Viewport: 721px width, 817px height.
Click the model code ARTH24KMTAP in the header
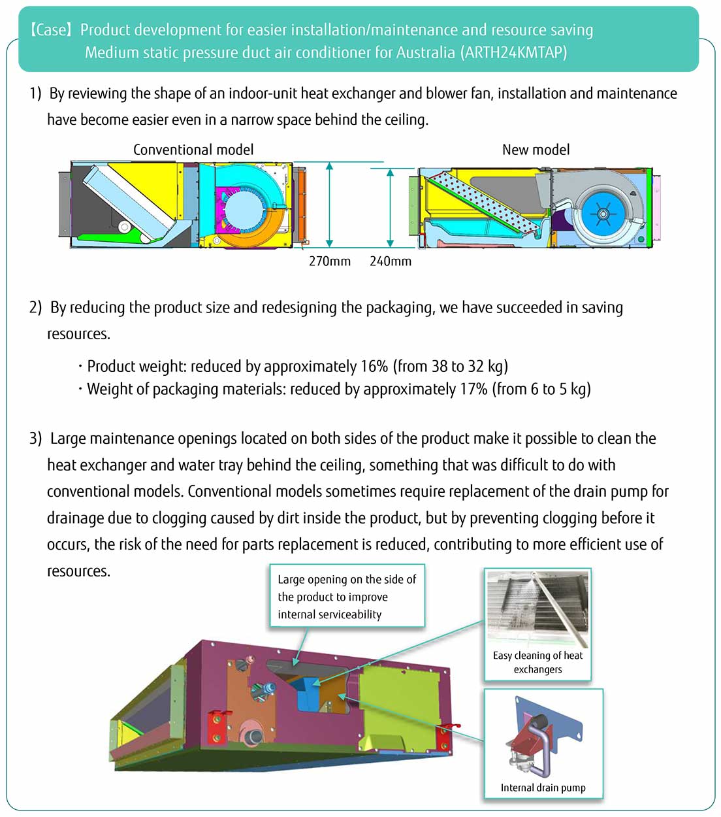click(x=514, y=53)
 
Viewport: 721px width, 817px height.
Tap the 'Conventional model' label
click(x=193, y=150)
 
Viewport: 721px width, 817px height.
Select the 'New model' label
click(x=536, y=150)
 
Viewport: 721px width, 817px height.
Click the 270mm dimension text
click(x=330, y=261)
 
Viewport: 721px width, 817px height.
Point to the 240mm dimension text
click(x=391, y=261)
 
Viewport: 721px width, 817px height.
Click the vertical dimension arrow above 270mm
click(x=330, y=204)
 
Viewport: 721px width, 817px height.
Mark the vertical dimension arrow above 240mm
click(x=391, y=208)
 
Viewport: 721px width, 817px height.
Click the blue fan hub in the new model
click(x=602, y=213)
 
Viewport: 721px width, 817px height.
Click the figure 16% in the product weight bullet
click(x=374, y=367)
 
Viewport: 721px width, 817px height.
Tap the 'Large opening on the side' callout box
click(x=347, y=597)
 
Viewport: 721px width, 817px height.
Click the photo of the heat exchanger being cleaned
click(x=537, y=609)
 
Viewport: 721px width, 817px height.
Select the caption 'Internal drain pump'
click(x=543, y=788)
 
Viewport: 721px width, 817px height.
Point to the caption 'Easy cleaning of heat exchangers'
click(x=537, y=662)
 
